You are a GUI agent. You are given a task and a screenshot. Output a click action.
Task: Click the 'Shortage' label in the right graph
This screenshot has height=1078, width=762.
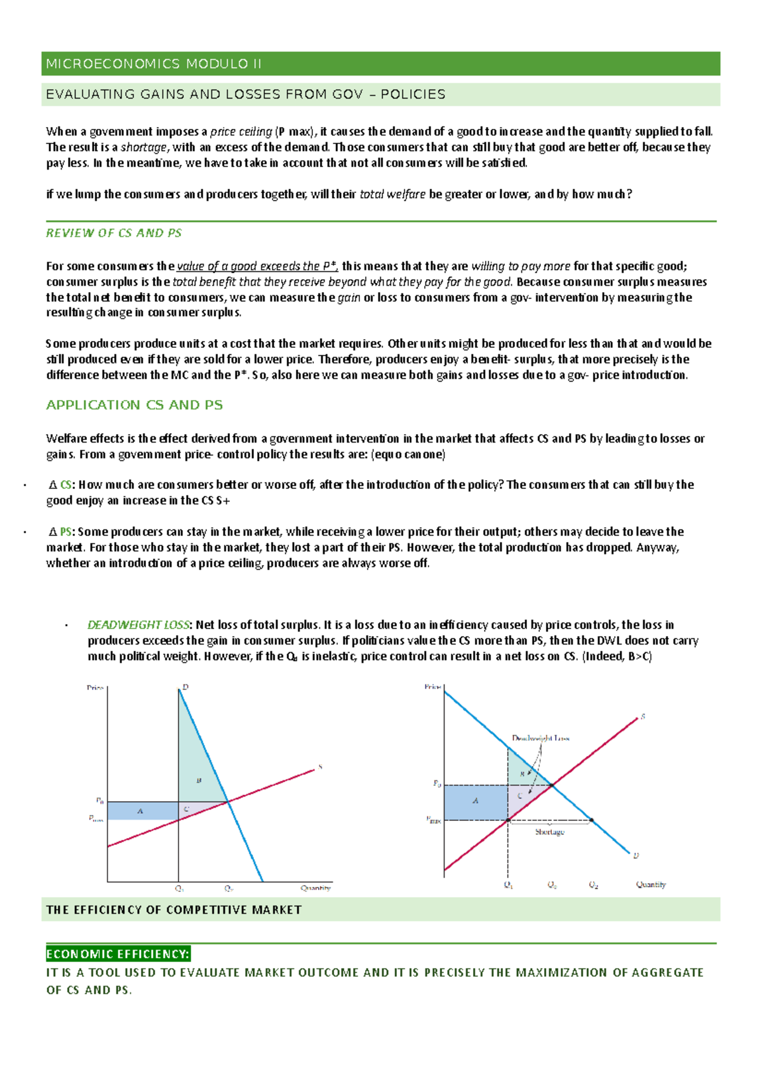549,832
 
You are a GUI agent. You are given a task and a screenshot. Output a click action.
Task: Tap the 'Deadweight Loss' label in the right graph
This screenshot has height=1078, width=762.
540,738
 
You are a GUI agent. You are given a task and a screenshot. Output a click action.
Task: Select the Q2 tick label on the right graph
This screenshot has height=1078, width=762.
593,885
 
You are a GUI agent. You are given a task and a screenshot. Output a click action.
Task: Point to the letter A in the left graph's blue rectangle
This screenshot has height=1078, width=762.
140,811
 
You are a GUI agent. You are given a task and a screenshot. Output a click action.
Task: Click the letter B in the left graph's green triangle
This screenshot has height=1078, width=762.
199,780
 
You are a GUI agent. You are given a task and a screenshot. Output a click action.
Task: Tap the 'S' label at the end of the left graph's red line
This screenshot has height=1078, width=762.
320,767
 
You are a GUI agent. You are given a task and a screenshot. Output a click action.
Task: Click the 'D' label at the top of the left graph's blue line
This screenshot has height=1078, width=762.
185,687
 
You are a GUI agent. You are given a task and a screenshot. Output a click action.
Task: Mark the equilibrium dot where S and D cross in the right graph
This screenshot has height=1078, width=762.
551,786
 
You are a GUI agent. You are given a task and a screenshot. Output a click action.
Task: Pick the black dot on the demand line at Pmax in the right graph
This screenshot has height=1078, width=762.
592,820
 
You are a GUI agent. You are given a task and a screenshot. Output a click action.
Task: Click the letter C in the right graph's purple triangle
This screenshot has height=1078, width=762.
520,795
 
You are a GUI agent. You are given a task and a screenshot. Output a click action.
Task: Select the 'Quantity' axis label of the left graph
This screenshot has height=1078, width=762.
316,888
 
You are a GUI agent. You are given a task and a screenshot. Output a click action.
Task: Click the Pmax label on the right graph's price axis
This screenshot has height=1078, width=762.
434,820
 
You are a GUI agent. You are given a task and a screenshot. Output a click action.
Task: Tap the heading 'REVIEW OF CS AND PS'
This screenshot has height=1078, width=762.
114,233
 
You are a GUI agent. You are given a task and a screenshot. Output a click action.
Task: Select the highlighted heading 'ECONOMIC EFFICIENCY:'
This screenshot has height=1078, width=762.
117,954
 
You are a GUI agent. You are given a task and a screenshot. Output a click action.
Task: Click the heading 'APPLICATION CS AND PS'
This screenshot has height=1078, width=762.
134,405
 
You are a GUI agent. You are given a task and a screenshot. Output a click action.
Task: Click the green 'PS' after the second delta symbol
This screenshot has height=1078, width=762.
65,531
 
